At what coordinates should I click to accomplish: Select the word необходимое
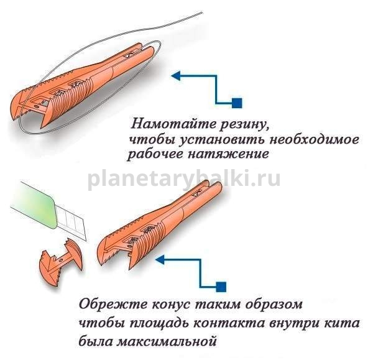coord(315,140)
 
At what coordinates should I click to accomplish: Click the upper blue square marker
coord(237,103)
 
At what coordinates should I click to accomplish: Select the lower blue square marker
coord(221,287)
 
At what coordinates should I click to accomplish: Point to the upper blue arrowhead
coord(176,76)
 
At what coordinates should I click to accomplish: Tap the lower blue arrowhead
coord(160,260)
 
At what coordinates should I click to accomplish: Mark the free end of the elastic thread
coord(202,12)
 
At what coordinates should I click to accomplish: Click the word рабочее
coord(155,154)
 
